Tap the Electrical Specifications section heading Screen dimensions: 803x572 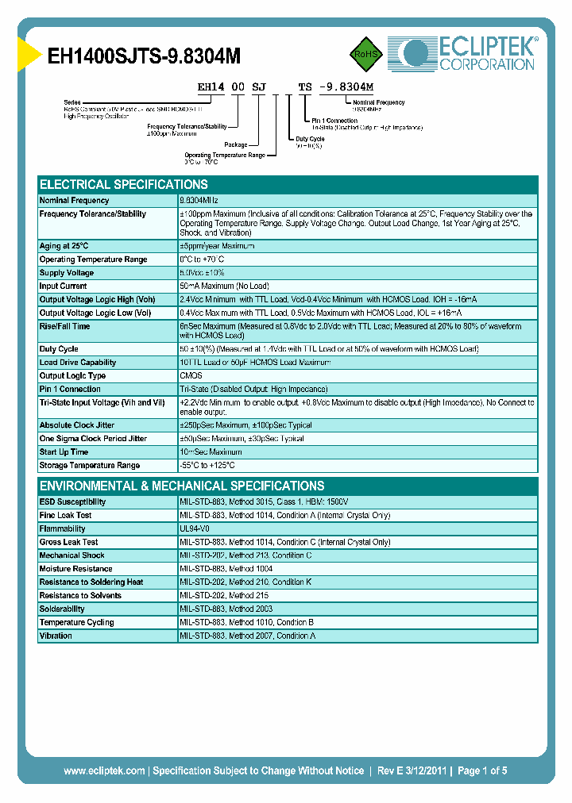click(x=124, y=184)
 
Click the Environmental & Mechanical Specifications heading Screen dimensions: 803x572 click(x=182, y=486)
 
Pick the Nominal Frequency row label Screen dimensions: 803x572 click(x=75, y=201)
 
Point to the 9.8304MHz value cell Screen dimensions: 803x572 click(x=199, y=201)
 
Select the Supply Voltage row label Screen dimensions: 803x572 click(x=67, y=273)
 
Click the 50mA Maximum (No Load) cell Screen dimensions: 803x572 click(x=224, y=286)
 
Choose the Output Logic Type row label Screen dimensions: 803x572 click(x=72, y=376)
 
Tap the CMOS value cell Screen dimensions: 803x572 click(x=191, y=376)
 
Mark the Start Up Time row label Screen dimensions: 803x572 click(x=64, y=451)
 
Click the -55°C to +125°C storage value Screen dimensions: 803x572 click(x=207, y=465)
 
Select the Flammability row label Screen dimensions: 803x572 click(x=62, y=528)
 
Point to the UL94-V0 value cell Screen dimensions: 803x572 click(x=195, y=528)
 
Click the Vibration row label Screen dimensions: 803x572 click(x=56, y=636)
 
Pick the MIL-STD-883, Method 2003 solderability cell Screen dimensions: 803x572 click(x=225, y=609)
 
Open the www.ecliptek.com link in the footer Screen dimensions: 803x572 click(x=104, y=770)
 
